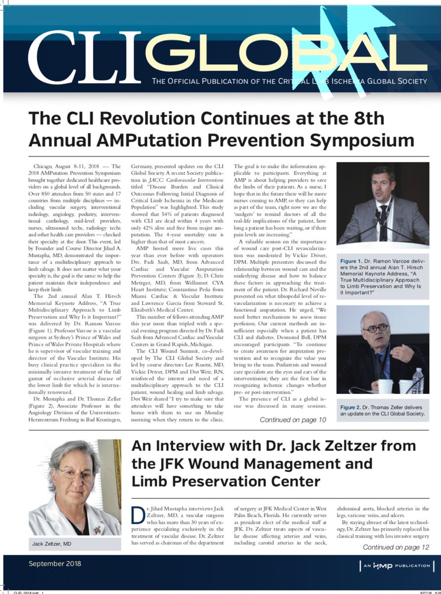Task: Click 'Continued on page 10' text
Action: click(293, 420)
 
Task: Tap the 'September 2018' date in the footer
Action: click(55, 563)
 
